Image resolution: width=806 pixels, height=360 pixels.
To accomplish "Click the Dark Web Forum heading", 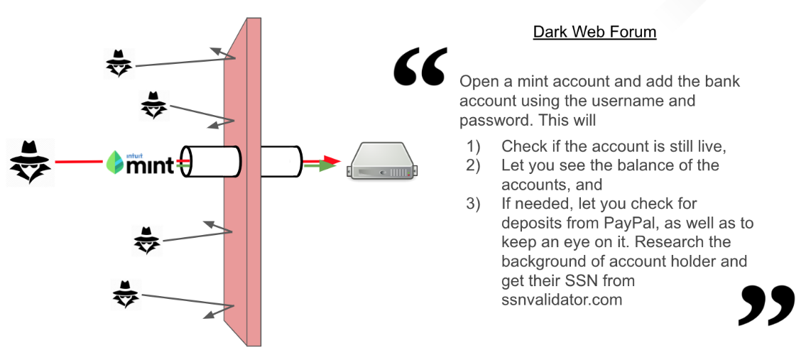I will tap(594, 32).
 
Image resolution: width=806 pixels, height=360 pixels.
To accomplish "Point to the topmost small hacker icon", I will tap(119, 63).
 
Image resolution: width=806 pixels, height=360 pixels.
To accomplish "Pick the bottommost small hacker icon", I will tap(126, 293).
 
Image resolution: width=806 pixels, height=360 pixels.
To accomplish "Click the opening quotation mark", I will tap(420, 67).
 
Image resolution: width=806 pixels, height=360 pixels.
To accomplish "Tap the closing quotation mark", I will tap(766, 305).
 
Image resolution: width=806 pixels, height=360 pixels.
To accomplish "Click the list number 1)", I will tap(474, 146).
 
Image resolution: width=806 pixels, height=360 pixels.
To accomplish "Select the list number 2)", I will tap(474, 165).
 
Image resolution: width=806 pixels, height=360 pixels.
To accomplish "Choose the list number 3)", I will tap(474, 204).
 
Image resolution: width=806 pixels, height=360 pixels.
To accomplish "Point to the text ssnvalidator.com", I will tap(562, 300).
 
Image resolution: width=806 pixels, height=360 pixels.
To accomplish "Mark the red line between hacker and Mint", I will tap(78, 163).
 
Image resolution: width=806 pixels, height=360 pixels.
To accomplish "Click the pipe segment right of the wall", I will tap(281, 163).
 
